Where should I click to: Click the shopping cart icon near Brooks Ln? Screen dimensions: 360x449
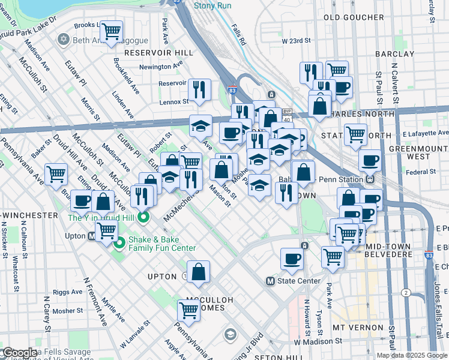(x=110, y=31)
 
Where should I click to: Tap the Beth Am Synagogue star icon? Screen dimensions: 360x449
(x=63, y=40)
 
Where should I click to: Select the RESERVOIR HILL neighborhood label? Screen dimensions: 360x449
(x=158, y=53)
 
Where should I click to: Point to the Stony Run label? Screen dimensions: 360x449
(x=212, y=5)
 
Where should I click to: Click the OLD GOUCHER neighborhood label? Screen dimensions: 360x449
(x=349, y=17)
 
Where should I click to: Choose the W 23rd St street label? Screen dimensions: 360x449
(x=296, y=40)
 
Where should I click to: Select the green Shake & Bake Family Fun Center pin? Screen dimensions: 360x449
(x=119, y=243)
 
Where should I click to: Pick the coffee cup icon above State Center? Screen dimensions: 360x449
(x=292, y=259)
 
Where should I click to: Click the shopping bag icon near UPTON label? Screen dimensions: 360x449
(x=198, y=272)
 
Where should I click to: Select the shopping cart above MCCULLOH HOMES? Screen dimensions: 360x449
(x=188, y=310)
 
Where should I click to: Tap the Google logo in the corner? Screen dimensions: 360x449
(x=19, y=353)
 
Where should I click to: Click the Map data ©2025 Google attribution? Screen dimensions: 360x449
(x=411, y=355)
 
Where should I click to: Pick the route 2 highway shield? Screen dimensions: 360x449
(x=406, y=293)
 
